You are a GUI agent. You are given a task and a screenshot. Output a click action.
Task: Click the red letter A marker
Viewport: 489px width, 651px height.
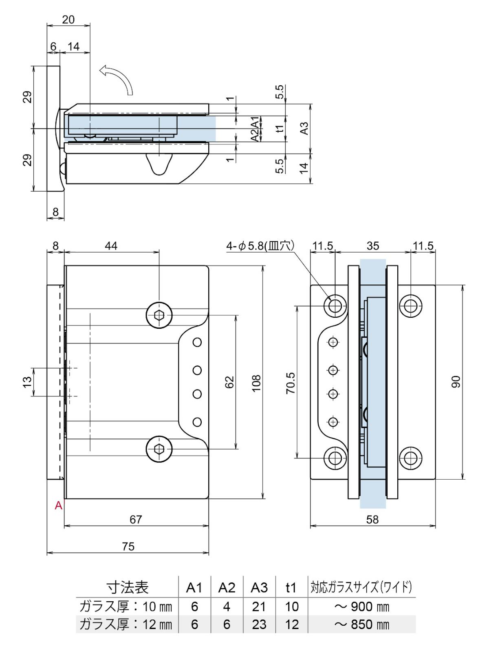(x=59, y=505)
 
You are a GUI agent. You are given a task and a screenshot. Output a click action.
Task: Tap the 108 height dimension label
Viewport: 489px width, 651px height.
(x=256, y=383)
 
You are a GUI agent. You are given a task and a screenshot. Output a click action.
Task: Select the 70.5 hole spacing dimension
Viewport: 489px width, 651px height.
(x=290, y=383)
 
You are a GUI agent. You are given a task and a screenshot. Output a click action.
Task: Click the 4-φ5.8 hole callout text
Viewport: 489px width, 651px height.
(x=260, y=246)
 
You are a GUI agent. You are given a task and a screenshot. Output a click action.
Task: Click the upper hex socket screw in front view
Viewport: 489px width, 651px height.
(x=159, y=315)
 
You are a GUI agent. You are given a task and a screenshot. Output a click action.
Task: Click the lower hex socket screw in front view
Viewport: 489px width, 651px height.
(x=159, y=449)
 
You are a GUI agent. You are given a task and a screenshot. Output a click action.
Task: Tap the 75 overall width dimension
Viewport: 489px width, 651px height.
(x=128, y=546)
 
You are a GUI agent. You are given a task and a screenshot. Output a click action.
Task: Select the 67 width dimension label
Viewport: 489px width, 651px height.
(x=136, y=519)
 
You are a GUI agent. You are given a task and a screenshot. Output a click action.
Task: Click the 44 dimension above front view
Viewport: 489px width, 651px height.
(x=111, y=246)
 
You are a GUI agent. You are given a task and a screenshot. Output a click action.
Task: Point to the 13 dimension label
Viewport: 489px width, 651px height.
(x=27, y=382)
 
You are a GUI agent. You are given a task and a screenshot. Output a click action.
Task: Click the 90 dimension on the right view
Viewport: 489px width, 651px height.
(x=456, y=382)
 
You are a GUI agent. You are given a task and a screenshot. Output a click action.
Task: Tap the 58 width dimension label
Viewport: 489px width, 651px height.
(x=372, y=519)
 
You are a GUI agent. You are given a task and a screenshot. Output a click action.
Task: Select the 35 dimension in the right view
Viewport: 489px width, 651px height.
(x=372, y=246)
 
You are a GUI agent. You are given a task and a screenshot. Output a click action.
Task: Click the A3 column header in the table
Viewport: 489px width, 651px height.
(x=259, y=587)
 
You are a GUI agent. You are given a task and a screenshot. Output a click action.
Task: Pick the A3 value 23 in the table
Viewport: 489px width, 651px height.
(x=259, y=624)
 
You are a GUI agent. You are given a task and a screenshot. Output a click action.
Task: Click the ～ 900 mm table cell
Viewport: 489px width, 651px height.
(x=361, y=607)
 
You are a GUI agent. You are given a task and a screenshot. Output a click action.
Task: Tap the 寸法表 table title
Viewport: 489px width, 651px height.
(x=127, y=587)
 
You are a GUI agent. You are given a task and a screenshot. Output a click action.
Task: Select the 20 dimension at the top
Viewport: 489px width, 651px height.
(x=68, y=19)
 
